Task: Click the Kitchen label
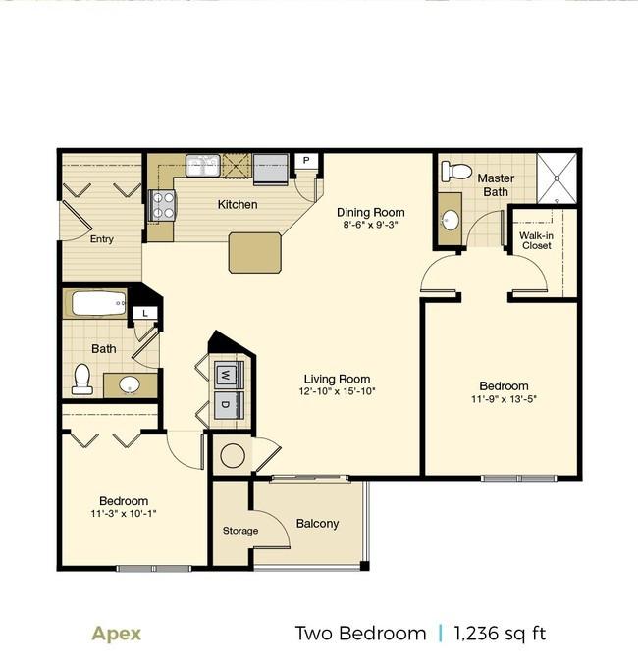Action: click(238, 204)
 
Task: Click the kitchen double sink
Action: click(204, 165)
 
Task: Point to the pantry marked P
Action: click(305, 161)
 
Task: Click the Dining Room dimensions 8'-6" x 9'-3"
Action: click(370, 225)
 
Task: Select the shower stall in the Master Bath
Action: click(558, 178)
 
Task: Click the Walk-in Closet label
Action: click(536, 239)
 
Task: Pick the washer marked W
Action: click(226, 373)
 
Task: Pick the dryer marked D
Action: click(226, 405)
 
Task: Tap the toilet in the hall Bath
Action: click(82, 378)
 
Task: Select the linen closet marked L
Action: click(145, 312)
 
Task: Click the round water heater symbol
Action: click(234, 455)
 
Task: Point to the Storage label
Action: click(239, 531)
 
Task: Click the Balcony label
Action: click(317, 523)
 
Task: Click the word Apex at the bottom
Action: click(117, 633)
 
